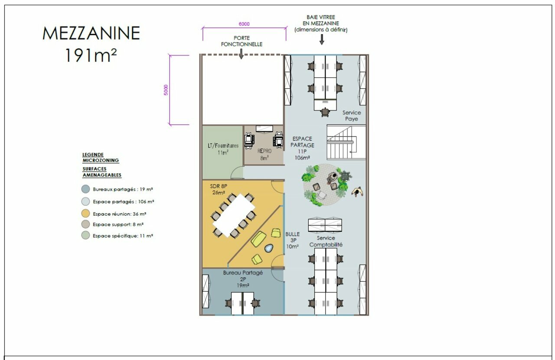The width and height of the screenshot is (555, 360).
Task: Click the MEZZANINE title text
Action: click(x=91, y=33)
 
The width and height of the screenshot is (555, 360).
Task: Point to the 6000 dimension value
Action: click(x=244, y=24)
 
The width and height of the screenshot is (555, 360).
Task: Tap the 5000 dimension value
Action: click(x=166, y=90)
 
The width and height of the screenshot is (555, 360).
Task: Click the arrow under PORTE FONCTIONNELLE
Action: click(x=241, y=54)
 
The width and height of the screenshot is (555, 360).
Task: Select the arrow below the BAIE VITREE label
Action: click(x=322, y=39)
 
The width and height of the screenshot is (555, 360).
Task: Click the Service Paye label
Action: click(x=352, y=116)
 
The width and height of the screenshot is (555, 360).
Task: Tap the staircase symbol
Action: click(x=346, y=143)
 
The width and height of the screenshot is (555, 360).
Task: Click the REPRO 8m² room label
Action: click(x=264, y=154)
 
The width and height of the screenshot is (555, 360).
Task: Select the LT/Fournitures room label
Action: click(x=223, y=149)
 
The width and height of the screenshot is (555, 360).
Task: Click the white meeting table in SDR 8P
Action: click(x=234, y=215)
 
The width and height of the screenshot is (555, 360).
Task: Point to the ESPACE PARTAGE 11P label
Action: click(x=302, y=148)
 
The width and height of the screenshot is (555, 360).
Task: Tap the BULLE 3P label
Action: click(x=292, y=240)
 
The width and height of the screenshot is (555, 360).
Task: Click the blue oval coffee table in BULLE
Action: click(x=269, y=248)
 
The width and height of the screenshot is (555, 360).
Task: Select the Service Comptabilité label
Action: click(x=326, y=241)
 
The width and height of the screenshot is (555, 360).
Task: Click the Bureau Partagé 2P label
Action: click(x=243, y=279)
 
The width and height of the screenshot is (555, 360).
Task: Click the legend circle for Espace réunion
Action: click(x=85, y=214)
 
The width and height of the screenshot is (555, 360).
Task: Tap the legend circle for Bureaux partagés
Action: click(x=85, y=189)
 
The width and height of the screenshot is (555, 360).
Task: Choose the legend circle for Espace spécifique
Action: click(x=85, y=235)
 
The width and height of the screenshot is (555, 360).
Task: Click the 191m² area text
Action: click(x=91, y=55)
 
